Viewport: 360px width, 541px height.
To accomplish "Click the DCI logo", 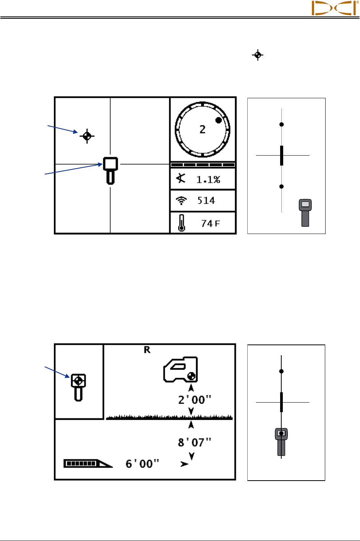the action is pos(334,8).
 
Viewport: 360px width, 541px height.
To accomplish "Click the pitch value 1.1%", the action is pos(208,179).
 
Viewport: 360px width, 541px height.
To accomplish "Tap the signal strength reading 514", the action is pos(206,200).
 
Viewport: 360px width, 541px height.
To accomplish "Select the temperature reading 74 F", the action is pos(211,223).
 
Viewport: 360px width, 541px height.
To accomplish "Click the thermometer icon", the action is pos(182,223).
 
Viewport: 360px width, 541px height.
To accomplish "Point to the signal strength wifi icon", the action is pos(182,200).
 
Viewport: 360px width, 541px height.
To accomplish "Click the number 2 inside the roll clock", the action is pos(203,130).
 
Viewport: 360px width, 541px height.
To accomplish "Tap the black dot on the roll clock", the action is pos(219,120).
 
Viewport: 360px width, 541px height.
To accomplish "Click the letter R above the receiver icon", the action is pos(147,350).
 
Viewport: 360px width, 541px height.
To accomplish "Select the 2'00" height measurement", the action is pos(195,400).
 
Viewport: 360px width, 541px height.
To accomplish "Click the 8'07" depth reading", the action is pos(195,443).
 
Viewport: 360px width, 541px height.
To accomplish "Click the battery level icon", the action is pos(88,463).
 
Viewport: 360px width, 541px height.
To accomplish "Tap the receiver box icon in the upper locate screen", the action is pos(110,170).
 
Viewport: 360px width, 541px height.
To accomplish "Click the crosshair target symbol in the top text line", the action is pos(258,55).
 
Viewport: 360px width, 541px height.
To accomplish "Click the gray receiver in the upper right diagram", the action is pos(305,212).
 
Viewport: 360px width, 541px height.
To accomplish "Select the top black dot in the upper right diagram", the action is pos(282,124).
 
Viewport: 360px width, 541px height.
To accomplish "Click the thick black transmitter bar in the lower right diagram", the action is pos(282,402).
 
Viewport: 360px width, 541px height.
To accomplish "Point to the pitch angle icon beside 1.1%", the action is pos(181,178).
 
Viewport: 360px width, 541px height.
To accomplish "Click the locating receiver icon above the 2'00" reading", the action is pos(181,370).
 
